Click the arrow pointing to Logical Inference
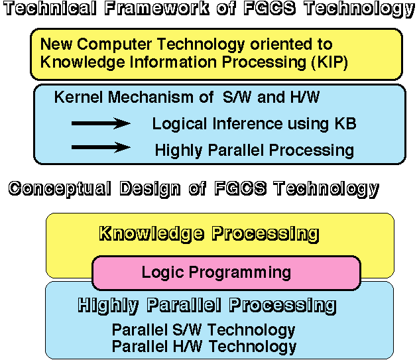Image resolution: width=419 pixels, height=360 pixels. pyautogui.click(x=101, y=123)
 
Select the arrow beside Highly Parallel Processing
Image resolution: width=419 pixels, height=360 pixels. pyautogui.click(x=101, y=147)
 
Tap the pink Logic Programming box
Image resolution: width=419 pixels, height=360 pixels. pyautogui.click(x=225, y=272)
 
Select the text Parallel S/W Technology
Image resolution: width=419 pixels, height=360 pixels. pyautogui.click(x=204, y=330)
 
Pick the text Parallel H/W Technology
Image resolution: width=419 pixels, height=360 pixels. pyautogui.click(x=204, y=346)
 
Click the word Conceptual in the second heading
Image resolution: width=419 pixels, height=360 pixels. pyautogui.click(x=60, y=188)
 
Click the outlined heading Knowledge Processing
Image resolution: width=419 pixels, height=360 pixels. pyautogui.click(x=209, y=233)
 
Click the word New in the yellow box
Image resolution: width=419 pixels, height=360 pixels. pyautogui.click(x=55, y=45)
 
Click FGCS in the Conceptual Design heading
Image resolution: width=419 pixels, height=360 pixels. pyautogui.click(x=241, y=188)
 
